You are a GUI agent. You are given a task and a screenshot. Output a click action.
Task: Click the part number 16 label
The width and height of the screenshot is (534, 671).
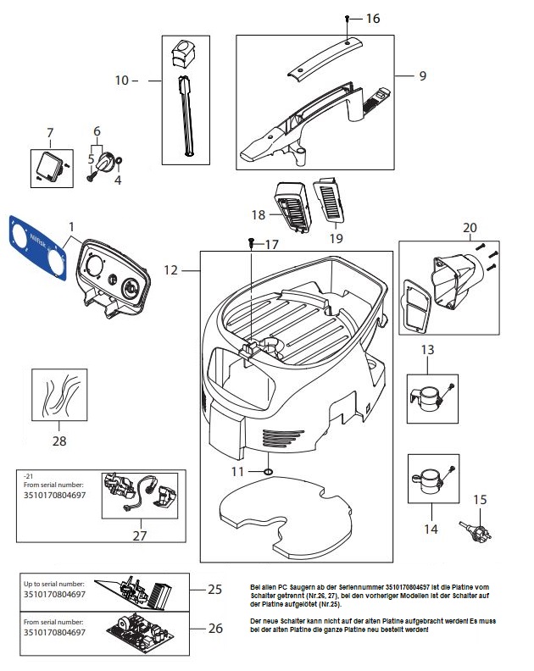373,18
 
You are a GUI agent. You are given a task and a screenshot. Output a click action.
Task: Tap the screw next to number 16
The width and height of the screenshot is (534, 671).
348,18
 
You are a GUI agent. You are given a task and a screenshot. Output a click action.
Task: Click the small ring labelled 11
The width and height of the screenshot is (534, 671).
268,470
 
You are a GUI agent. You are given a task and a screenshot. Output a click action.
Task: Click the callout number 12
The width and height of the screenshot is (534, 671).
170,270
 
